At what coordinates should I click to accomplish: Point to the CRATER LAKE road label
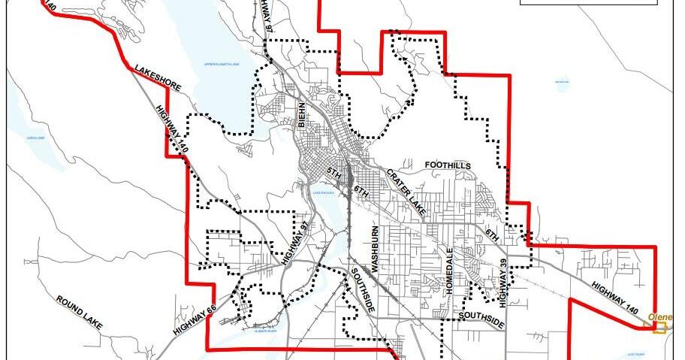click(406, 192)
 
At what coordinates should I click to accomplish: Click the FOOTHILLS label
click(448, 165)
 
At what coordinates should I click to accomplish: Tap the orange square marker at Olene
click(659, 328)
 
